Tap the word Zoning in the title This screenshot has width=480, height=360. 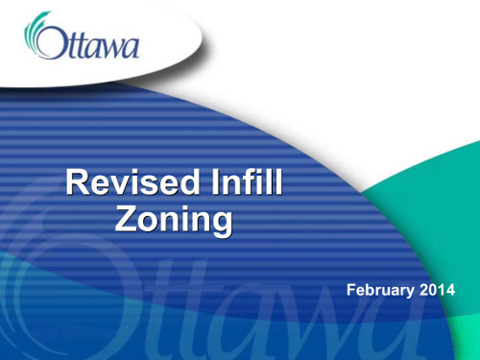[174, 220]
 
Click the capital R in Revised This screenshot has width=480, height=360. [74, 183]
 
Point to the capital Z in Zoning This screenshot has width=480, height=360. [127, 220]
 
